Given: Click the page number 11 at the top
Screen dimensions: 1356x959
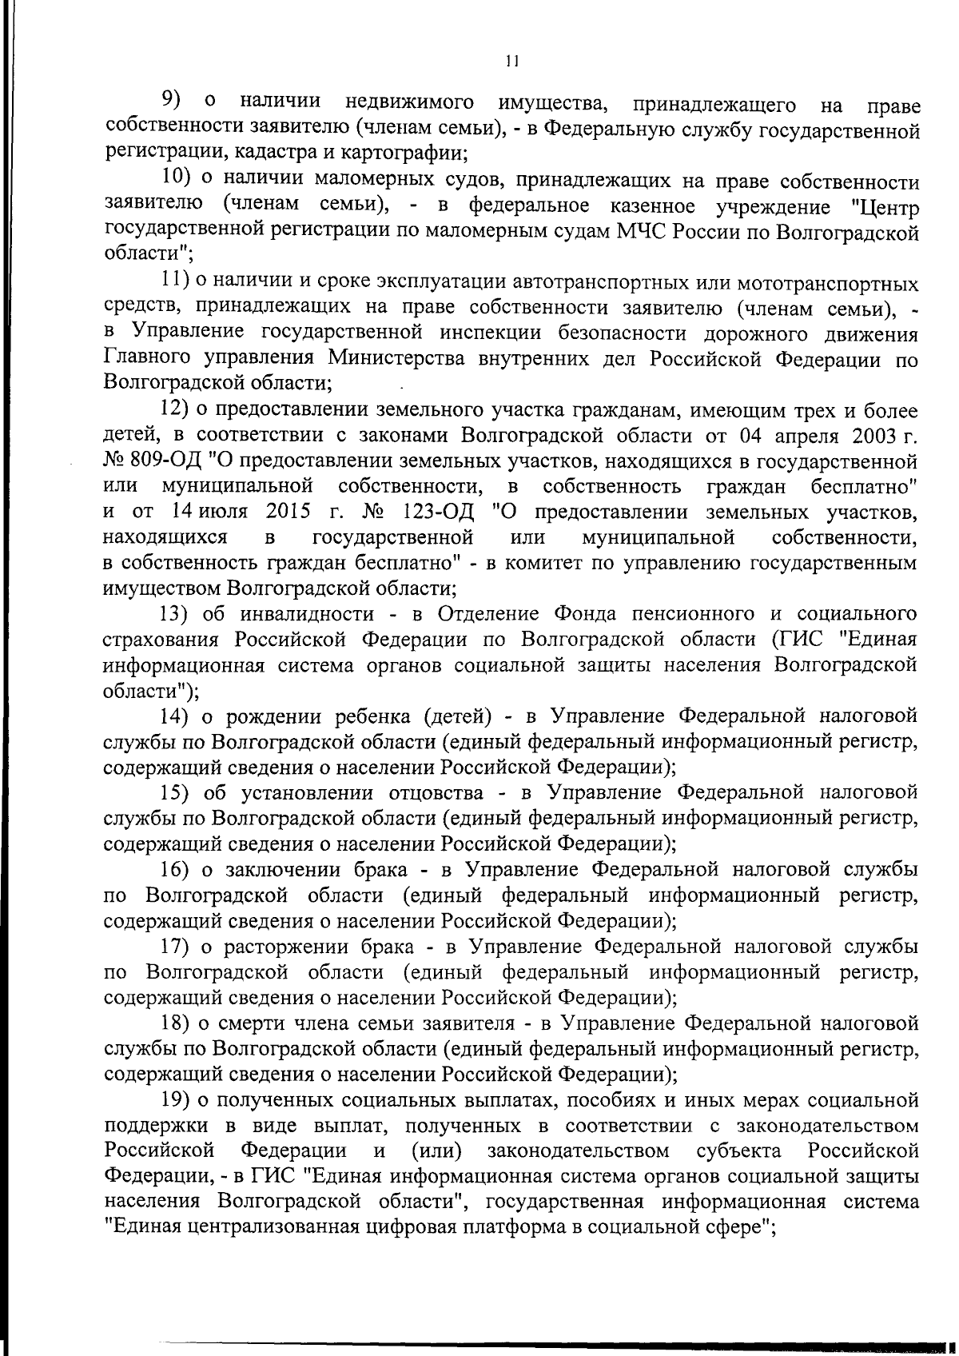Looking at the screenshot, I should [512, 61].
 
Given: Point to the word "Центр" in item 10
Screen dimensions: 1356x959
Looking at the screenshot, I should [885, 207].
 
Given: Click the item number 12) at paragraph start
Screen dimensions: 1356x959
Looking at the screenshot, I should [173, 410].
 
